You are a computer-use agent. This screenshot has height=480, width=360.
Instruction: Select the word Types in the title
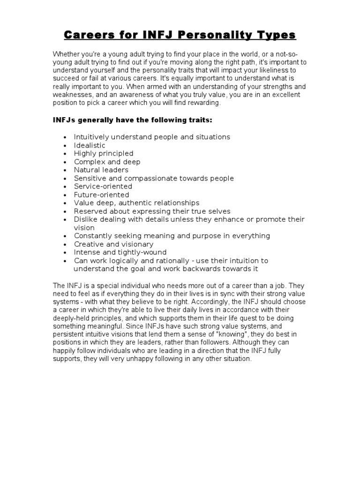(x=276, y=35)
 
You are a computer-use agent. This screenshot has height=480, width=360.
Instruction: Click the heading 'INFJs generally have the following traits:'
(x=132, y=120)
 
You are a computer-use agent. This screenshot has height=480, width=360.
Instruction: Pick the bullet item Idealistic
(x=90, y=145)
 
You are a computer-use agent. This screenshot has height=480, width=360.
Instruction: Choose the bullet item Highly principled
(x=104, y=153)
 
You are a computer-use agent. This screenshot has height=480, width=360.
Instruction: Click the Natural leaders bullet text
(x=101, y=170)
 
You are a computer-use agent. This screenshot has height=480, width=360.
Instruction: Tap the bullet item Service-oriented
(x=103, y=186)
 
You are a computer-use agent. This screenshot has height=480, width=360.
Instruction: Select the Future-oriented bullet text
(x=101, y=195)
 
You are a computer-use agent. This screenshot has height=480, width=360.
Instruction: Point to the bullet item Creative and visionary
(x=113, y=244)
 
